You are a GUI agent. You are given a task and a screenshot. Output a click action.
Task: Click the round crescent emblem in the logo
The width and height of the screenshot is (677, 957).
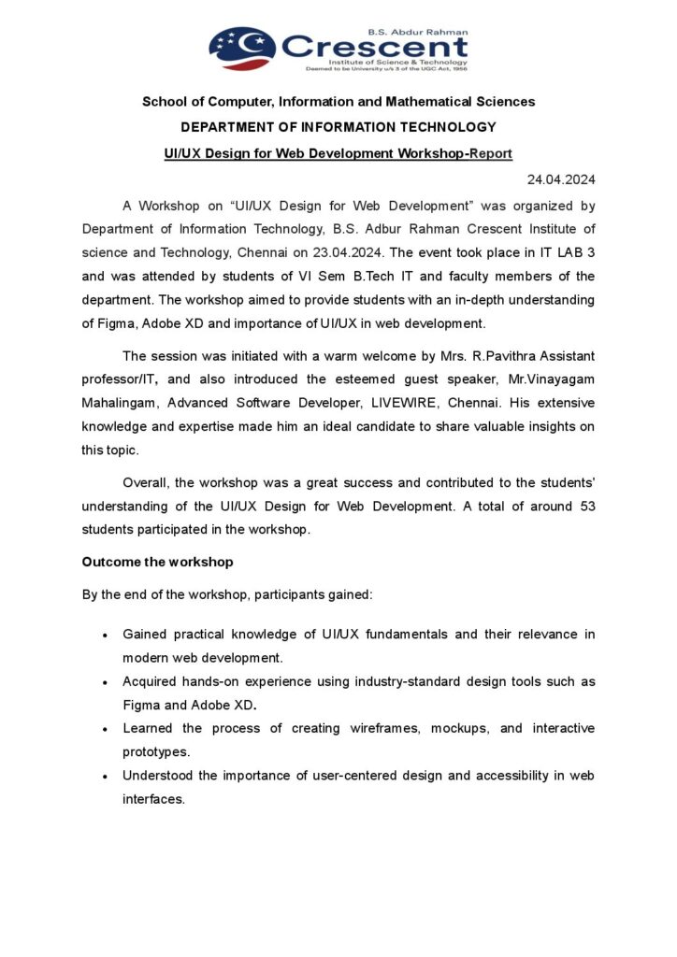coord(241,48)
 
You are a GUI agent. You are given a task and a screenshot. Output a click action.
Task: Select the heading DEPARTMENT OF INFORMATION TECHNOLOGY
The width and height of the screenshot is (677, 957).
coord(338,127)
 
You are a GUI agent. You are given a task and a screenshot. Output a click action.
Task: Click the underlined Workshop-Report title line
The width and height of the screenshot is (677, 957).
coord(338,152)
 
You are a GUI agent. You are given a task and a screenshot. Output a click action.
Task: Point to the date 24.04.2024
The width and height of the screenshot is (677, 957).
coord(561,179)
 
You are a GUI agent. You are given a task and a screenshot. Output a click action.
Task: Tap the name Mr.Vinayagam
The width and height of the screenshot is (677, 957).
coord(555,379)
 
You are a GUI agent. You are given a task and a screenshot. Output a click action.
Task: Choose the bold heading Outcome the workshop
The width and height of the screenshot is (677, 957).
coord(157,562)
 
